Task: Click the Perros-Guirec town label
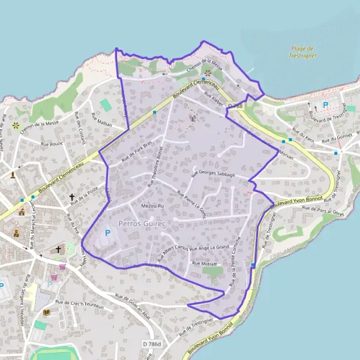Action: [142, 222]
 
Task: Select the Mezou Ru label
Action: [152, 206]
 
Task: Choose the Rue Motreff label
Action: [204, 263]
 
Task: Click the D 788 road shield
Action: [235, 106]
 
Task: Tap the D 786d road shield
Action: [152, 344]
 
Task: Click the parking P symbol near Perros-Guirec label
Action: [108, 233]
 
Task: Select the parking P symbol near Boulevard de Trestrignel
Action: [326, 106]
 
